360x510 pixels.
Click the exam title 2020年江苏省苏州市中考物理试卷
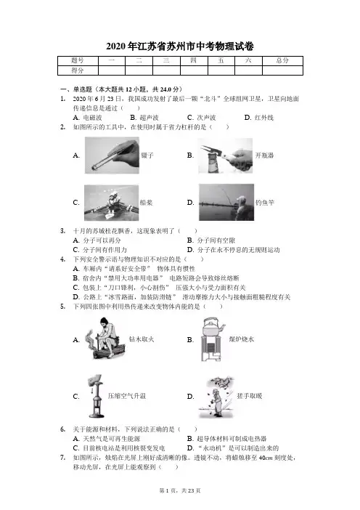[x=180, y=46]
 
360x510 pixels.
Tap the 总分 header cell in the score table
[x=282, y=60]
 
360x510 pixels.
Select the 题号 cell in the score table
[x=78, y=60]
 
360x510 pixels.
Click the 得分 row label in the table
[x=78, y=70]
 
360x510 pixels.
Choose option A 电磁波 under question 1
[x=87, y=118]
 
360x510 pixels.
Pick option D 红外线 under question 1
[x=259, y=118]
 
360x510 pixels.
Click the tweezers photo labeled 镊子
[x=112, y=155]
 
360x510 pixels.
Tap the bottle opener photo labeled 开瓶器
[x=226, y=155]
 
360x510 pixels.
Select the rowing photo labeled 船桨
[x=111, y=203]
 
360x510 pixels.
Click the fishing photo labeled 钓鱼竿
[x=226, y=202]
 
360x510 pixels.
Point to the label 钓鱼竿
[x=265, y=203]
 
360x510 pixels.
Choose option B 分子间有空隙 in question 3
[x=211, y=240]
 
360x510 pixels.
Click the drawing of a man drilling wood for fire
[x=105, y=339]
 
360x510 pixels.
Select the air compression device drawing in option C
[x=96, y=396]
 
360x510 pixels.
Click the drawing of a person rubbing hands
[x=216, y=397]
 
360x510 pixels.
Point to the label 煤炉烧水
[x=242, y=339]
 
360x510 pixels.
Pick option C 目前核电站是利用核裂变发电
[x=119, y=448]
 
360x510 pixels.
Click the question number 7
[x=62, y=457]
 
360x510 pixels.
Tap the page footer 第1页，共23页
[x=180, y=490]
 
